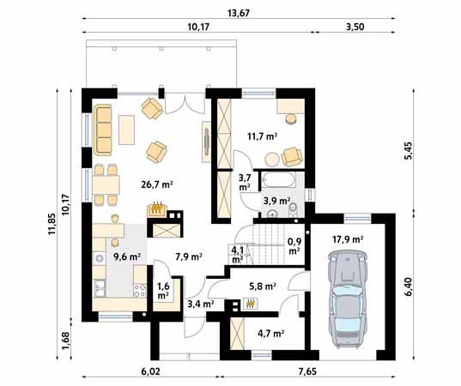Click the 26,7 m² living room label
157,184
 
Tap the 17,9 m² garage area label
348,239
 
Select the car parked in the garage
348,299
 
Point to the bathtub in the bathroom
278,179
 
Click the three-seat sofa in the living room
103,130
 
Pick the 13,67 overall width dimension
239,13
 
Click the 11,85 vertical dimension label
52,224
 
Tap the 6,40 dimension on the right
409,286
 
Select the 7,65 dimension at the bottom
308,371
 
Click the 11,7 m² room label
263,136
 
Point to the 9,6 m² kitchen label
127,256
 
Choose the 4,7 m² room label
270,334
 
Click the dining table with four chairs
106,184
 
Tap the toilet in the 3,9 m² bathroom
293,210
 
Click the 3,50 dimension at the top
355,27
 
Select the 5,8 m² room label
262,286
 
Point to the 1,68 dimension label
65,341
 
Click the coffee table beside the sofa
126,130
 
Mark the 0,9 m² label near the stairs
294,246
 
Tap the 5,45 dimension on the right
409,151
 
